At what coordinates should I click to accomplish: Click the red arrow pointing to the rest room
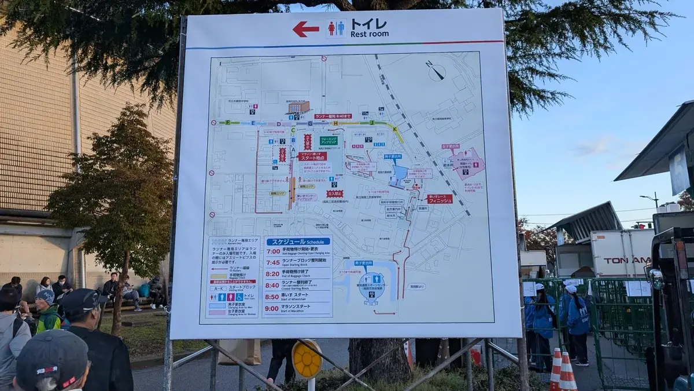[x=305, y=29]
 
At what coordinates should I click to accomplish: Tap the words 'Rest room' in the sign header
[x=369, y=34]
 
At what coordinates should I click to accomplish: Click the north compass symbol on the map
[x=436, y=71]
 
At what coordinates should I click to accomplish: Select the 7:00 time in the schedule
[x=272, y=251]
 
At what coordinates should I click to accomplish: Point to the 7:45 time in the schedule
[x=272, y=262]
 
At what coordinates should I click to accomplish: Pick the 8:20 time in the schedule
[x=272, y=274]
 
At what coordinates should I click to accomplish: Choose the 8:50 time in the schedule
[x=272, y=297]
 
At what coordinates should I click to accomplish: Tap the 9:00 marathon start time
[x=272, y=308]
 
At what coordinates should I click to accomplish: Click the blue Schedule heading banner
[x=298, y=241]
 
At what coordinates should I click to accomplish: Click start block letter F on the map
[x=228, y=123]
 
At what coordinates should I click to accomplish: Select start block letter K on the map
[x=395, y=130]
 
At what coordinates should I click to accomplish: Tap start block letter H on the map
[x=335, y=123]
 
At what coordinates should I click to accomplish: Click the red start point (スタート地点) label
[x=313, y=156]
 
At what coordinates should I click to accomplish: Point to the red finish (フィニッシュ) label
[x=440, y=199]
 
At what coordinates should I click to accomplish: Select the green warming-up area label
[x=328, y=140]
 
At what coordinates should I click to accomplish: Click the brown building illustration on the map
[x=298, y=108]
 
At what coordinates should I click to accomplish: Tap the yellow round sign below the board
[x=307, y=359]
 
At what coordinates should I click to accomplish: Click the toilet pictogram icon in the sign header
[x=335, y=28]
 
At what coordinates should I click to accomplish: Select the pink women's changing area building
[x=467, y=162]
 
